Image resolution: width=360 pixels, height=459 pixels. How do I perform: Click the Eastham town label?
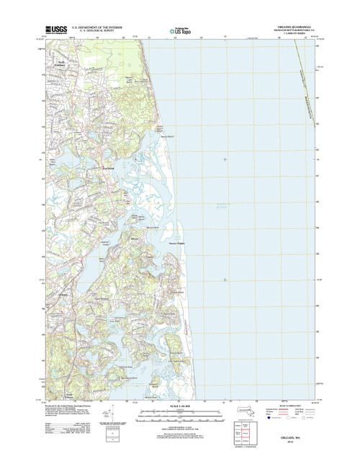108,169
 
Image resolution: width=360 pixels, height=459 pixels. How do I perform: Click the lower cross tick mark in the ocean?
225,280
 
